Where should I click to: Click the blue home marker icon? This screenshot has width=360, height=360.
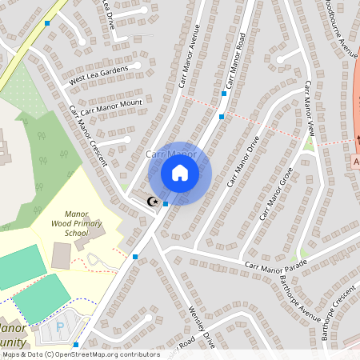coord(180,172)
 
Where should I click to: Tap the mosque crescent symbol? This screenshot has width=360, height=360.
coord(153,202)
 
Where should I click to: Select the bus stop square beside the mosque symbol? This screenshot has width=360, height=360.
coord(166,204)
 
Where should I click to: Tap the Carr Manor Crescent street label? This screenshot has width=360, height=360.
coord(87,135)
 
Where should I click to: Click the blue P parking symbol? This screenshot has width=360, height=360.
coord(59,327)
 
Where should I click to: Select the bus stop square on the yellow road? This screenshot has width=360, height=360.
coord(47,23)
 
